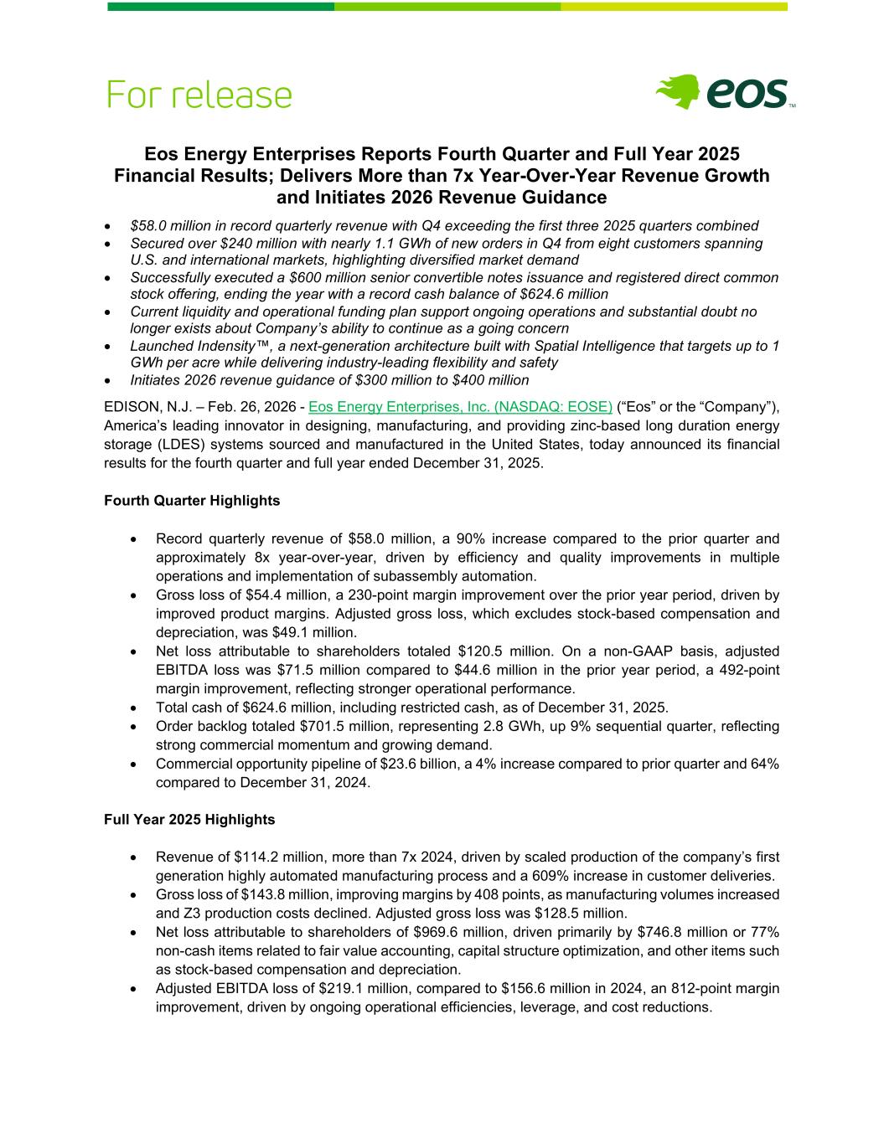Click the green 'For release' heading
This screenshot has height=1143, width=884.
click(199, 95)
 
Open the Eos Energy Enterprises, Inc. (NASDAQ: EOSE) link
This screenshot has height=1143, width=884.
click(460, 407)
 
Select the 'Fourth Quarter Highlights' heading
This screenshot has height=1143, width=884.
click(192, 501)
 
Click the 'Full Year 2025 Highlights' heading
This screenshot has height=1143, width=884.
click(189, 819)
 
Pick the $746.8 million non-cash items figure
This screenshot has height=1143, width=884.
click(685, 932)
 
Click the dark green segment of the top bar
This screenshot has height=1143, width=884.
click(220, 7)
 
